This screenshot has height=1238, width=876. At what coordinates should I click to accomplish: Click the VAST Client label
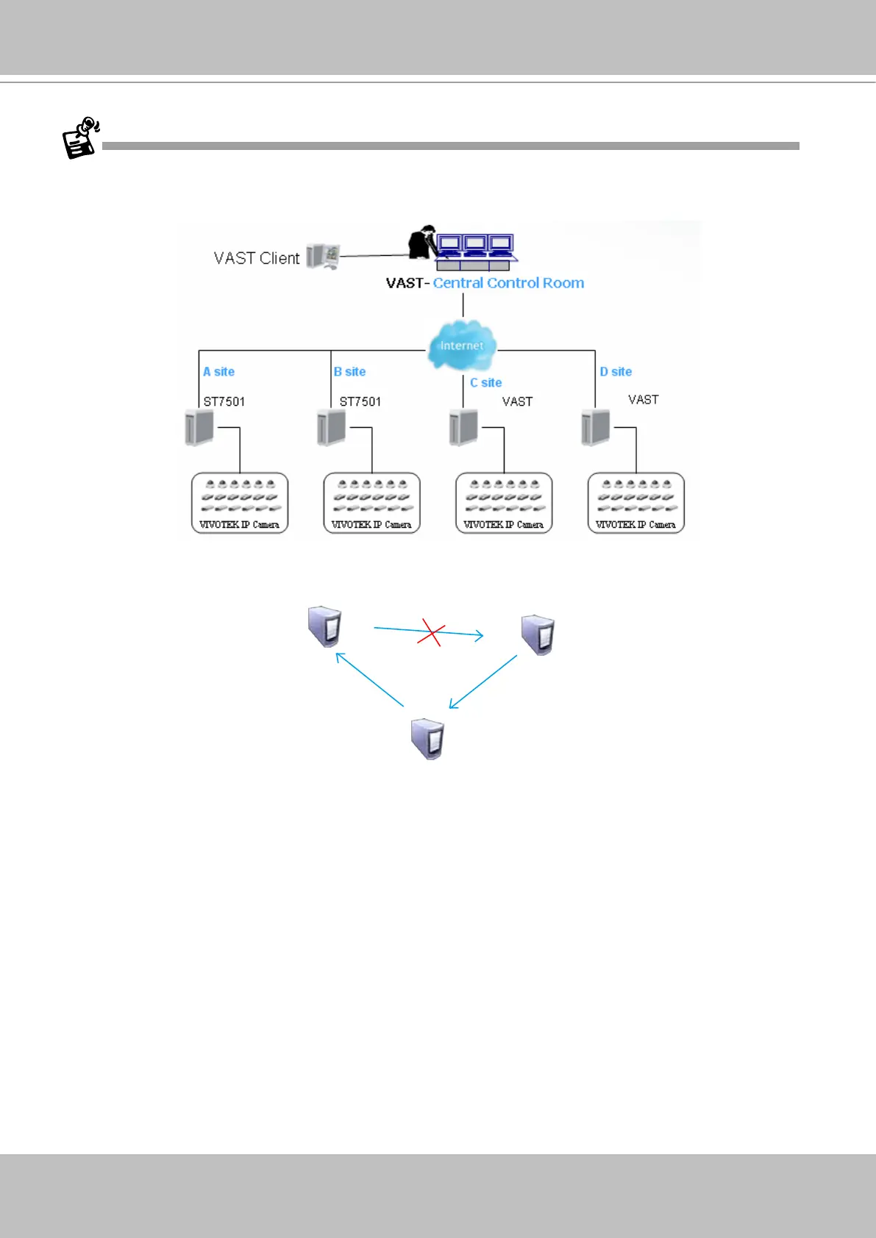point(256,258)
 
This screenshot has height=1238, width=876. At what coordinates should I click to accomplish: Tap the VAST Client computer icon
point(323,256)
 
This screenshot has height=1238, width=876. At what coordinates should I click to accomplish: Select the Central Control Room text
point(508,283)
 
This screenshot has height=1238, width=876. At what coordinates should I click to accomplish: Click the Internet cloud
point(462,345)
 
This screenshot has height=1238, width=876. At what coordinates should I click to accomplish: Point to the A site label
point(219,372)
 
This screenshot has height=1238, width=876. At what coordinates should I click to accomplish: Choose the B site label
point(350,372)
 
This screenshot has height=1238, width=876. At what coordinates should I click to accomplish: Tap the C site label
point(486,383)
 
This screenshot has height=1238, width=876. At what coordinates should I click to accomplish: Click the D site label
point(616,372)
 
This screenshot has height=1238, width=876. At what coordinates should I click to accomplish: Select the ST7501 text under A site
point(224,401)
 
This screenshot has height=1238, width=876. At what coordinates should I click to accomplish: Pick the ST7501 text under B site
point(360,401)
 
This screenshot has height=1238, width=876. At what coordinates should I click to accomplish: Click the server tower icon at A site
point(199,428)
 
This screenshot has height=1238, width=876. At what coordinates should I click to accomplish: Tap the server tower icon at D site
point(595,428)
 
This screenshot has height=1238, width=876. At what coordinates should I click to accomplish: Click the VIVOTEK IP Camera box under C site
point(504,503)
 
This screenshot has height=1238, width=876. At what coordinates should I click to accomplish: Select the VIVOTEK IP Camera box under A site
point(240,503)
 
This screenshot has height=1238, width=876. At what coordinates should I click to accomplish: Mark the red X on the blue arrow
point(431,632)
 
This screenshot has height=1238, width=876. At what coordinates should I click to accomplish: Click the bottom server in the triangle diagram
point(427,739)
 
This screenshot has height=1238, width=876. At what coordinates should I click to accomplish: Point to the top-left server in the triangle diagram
point(324,626)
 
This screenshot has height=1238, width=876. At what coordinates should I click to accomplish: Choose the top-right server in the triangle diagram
point(538,634)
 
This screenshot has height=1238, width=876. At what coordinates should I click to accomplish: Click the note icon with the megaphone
point(80,137)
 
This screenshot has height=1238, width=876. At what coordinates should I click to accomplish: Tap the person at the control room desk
point(422,243)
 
